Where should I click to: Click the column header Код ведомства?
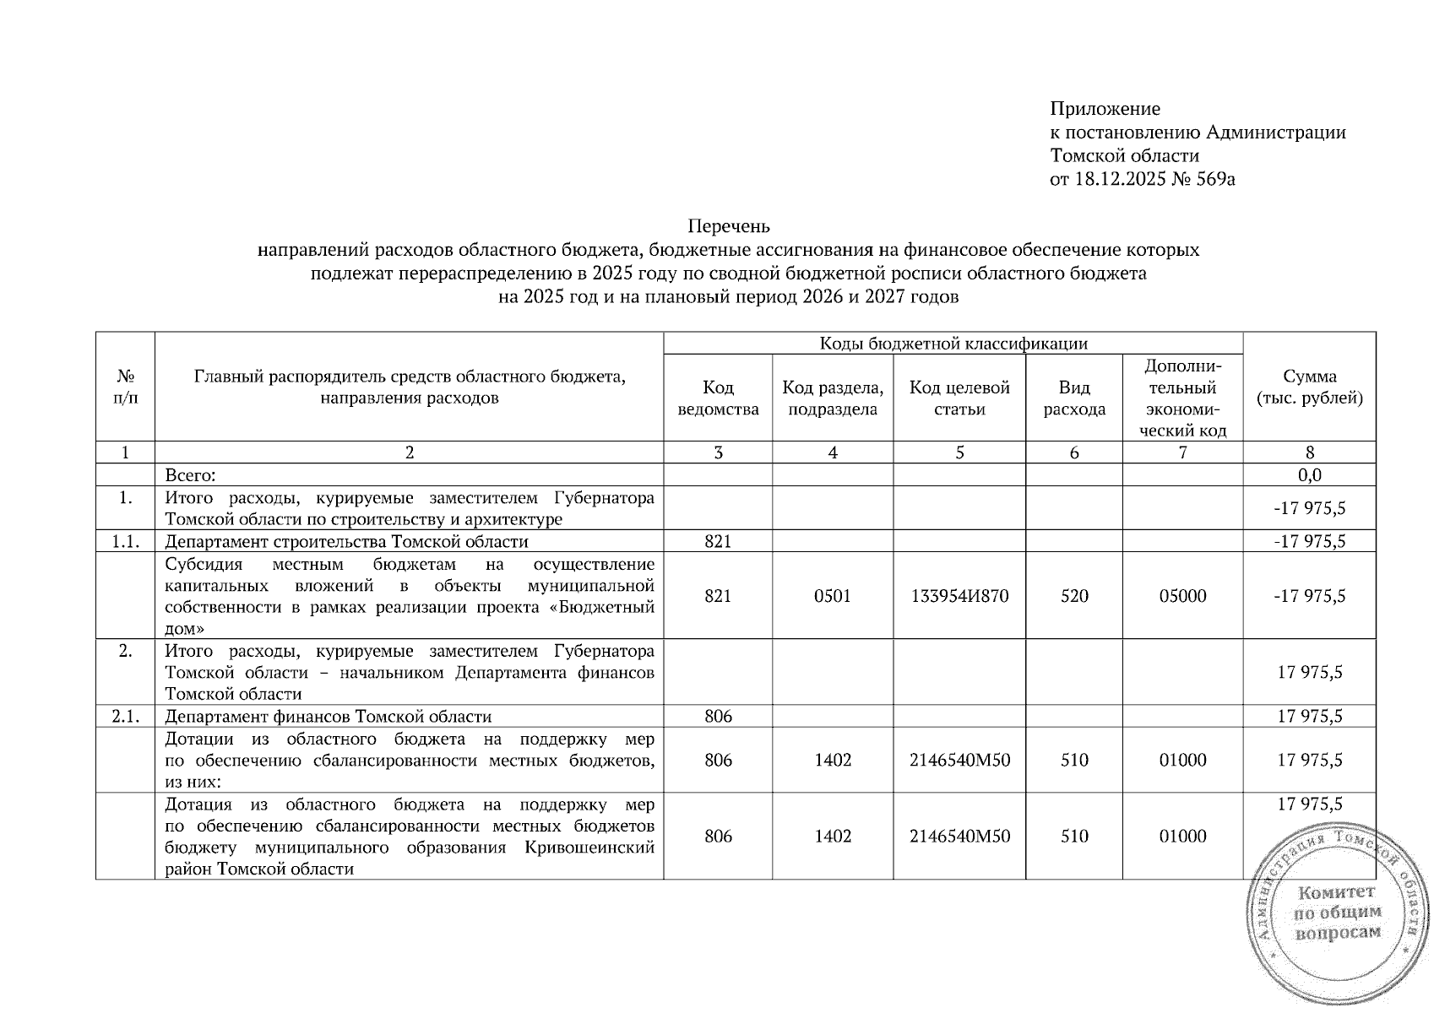(718, 398)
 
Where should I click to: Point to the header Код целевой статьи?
(959, 398)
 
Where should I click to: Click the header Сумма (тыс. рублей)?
(1309, 387)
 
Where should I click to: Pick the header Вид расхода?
(1073, 398)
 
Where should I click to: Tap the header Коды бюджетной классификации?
(953, 343)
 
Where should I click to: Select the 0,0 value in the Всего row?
(1309, 475)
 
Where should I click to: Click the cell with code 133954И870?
(959, 596)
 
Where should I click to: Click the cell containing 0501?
(832, 596)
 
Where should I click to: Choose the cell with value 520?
(1073, 596)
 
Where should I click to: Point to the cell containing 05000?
(1182, 596)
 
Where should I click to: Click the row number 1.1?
(125, 542)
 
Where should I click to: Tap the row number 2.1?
(125, 717)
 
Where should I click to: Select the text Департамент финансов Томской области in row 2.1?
(328, 717)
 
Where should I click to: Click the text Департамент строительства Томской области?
(346, 542)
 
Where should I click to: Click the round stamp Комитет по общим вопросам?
(1337, 913)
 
